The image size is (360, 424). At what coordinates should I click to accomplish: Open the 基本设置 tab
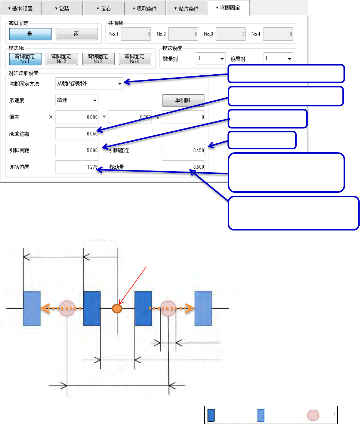(x=20, y=8)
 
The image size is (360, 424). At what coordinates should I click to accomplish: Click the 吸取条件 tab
(x=145, y=8)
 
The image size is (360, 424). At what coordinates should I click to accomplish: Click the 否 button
(x=77, y=34)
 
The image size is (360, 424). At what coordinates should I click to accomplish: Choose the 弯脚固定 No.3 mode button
(x=98, y=59)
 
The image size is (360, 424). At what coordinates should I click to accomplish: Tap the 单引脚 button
(x=183, y=100)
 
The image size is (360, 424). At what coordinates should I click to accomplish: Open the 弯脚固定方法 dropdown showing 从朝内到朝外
(x=89, y=84)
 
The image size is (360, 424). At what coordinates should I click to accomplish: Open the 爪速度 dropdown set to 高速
(x=77, y=100)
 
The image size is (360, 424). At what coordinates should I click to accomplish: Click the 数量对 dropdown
(x=211, y=59)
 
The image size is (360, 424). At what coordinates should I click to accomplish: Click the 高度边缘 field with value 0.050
(x=77, y=134)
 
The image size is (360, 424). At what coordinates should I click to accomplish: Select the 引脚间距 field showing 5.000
(x=77, y=150)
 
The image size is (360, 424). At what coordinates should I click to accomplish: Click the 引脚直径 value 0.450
(x=183, y=150)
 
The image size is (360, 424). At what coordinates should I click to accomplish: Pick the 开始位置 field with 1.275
(x=77, y=167)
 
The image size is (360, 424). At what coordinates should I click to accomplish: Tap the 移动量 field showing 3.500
(x=183, y=167)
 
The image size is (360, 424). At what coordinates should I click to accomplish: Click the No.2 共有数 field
(x=183, y=34)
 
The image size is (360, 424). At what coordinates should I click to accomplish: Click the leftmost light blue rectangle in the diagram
(x=31, y=308)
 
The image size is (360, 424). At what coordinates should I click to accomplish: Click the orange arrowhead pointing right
(x=189, y=308)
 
